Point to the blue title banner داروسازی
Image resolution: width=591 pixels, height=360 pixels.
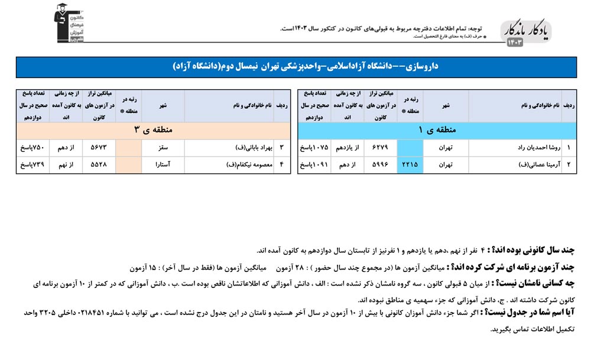coord(295,67)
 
